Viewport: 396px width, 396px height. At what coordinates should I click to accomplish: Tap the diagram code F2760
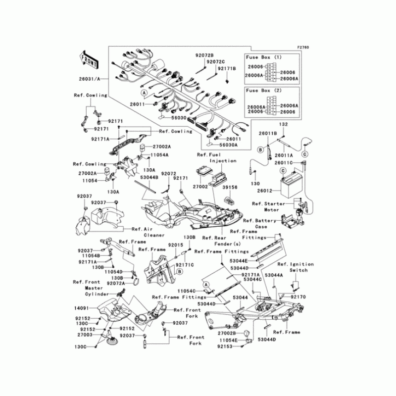(302, 48)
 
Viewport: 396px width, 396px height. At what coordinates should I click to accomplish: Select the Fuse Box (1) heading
(264, 57)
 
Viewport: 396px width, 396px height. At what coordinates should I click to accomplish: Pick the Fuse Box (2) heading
(264, 91)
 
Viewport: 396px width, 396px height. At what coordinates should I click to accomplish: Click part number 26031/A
(89, 79)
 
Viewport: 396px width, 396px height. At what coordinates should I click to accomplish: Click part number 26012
(265, 190)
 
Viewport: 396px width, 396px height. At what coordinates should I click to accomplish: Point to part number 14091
(82, 307)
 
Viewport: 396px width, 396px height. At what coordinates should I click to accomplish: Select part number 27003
(84, 335)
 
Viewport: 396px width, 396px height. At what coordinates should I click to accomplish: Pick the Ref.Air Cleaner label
(144, 232)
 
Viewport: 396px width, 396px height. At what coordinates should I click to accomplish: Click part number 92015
(175, 245)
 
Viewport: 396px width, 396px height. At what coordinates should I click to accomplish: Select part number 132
(283, 124)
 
